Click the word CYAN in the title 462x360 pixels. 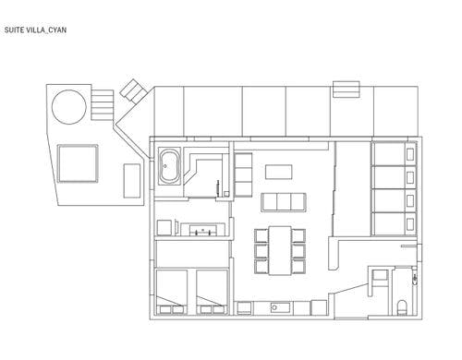[x=57, y=30]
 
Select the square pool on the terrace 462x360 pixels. [x=78, y=163]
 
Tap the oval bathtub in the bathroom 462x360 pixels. [x=169, y=166]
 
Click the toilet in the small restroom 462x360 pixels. [x=402, y=307]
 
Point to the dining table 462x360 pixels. [x=280, y=250]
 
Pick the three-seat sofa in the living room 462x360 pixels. [x=284, y=202]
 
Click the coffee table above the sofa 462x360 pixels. [x=279, y=172]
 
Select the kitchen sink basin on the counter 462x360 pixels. [x=280, y=307]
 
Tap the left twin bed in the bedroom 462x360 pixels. [x=172, y=292]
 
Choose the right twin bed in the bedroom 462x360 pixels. [x=212, y=292]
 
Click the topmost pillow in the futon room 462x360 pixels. [x=410, y=154]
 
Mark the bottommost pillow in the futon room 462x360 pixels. [x=410, y=224]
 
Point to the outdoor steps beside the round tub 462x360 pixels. [x=103, y=105]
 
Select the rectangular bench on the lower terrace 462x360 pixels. [x=132, y=181]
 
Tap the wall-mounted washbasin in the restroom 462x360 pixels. [x=415, y=278]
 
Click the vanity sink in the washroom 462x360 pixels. [x=202, y=230]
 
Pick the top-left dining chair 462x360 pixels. [x=261, y=235]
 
